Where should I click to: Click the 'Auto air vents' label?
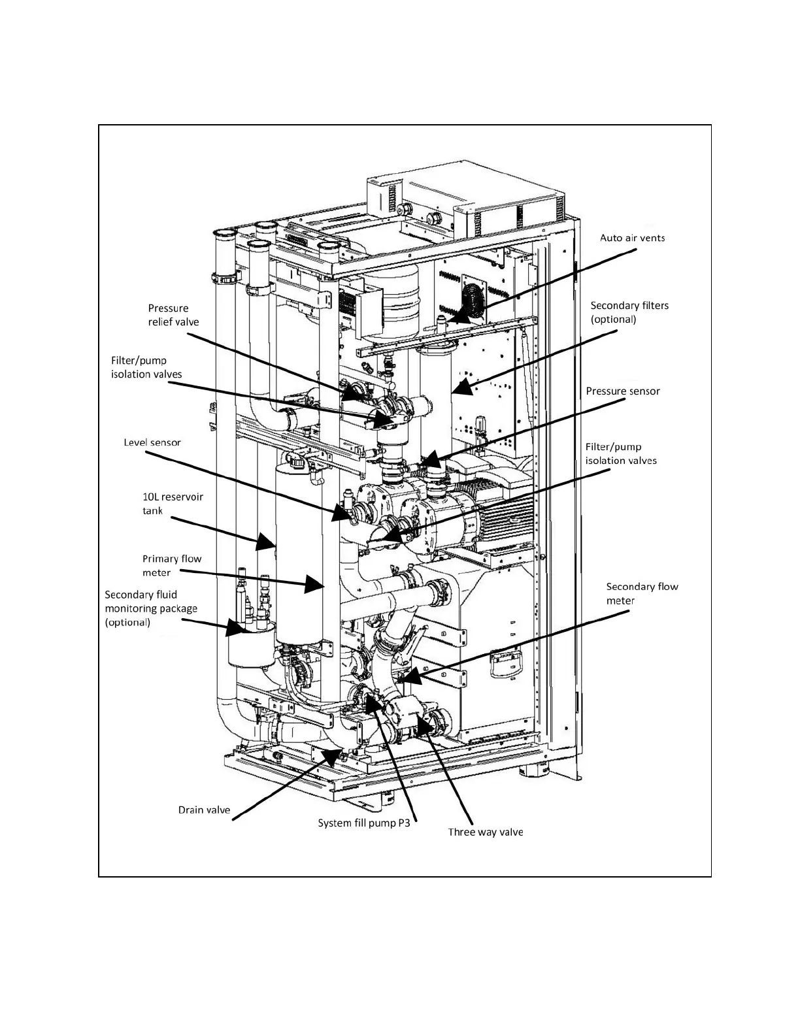coord(632,238)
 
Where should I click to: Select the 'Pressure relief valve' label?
coord(173,315)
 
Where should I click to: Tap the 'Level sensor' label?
coord(152,442)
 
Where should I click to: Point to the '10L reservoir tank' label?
coord(173,504)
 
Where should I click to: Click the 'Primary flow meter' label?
coord(172,566)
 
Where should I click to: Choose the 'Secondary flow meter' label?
coord(642,593)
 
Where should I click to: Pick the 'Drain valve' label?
coord(204,810)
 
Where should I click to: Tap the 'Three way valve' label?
coord(485,832)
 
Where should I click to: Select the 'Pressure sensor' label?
coord(622,391)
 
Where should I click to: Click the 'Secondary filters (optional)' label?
coord(629,312)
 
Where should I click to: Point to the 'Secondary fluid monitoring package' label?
coord(150,608)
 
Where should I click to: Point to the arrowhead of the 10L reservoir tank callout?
coord(269,543)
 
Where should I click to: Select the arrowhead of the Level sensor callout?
coord(343,514)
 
